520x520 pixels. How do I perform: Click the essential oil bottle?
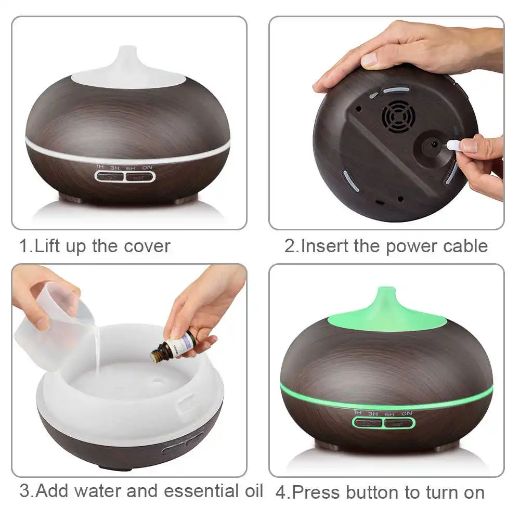pyautogui.click(x=174, y=345)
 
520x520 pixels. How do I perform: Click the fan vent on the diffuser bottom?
pyautogui.click(x=398, y=116)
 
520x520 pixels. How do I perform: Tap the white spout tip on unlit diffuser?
pyautogui.click(x=127, y=52)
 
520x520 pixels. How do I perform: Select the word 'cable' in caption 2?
pyautogui.click(x=465, y=246)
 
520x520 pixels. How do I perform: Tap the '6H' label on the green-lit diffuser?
pyautogui.click(x=389, y=413)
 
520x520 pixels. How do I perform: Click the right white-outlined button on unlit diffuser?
pyautogui.click(x=140, y=177)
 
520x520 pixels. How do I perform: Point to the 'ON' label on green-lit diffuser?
pyautogui.click(x=407, y=413)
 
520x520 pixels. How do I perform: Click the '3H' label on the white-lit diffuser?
pyautogui.click(x=115, y=167)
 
